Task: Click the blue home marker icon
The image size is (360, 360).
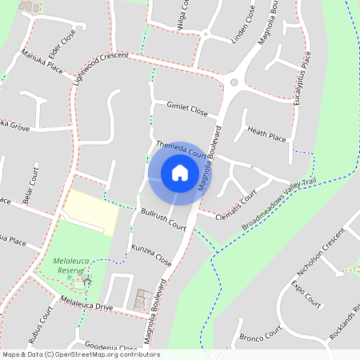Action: pos(180,173)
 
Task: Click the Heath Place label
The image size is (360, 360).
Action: pos(266,134)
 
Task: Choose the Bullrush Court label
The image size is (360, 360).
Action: pos(162,217)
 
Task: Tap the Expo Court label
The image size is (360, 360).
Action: pos(306,294)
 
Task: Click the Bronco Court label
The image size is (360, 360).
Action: pos(262,334)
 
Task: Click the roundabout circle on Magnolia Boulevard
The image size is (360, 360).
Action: pos(234,82)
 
